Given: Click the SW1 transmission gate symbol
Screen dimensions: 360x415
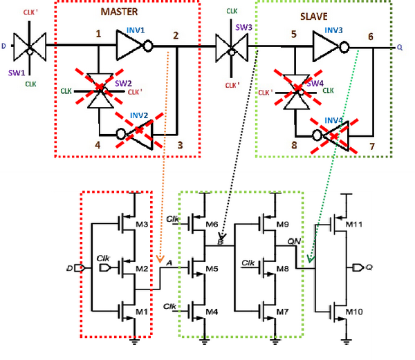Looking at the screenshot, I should [x=30, y=48].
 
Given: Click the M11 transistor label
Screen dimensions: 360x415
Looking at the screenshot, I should [x=353, y=225].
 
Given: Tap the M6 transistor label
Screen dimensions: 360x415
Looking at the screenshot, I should [x=212, y=225].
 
